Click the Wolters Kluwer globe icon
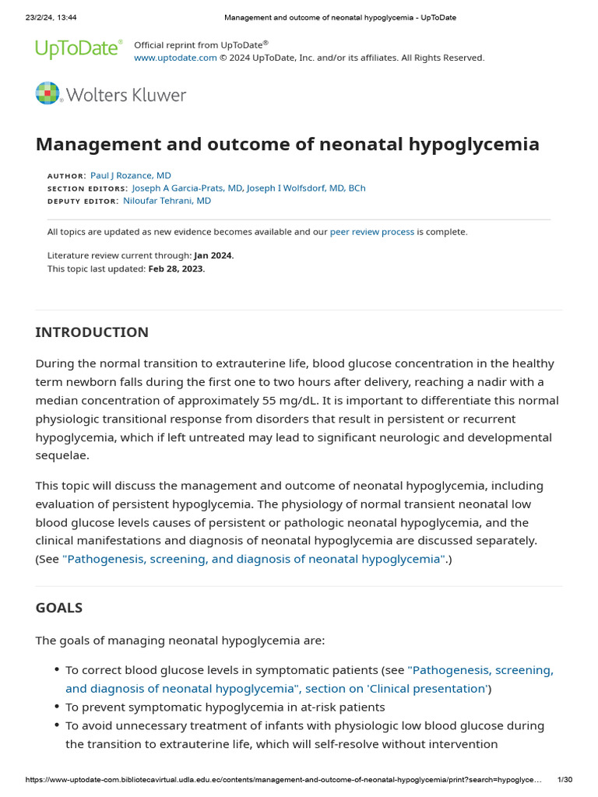tap(47, 93)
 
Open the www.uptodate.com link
tap(175, 58)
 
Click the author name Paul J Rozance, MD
tap(131, 176)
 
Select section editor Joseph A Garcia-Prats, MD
tap(187, 188)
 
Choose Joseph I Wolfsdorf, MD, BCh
tap(306, 188)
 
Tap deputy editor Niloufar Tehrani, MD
tap(167, 201)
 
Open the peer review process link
tap(372, 232)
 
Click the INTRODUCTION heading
tap(92, 332)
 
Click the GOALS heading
tap(59, 608)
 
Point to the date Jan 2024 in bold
tap(213, 255)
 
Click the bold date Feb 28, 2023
tap(176, 269)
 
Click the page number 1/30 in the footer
tap(565, 780)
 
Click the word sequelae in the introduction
tap(62, 456)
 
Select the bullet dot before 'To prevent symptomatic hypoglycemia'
tap(57, 707)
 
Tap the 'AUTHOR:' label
tap(67, 177)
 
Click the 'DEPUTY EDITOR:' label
tap(83, 202)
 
